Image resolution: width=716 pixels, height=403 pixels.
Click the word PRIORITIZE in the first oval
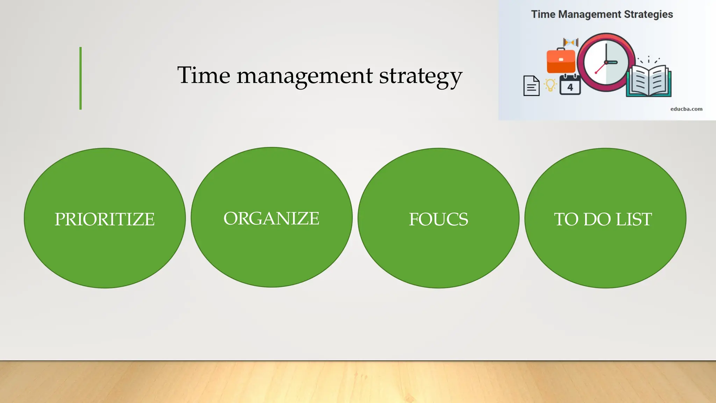[x=105, y=219]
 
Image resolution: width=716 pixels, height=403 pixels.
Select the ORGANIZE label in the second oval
[x=271, y=219]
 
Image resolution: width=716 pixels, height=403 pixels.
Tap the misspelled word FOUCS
[x=438, y=219]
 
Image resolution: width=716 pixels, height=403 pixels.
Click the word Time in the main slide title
[x=203, y=75]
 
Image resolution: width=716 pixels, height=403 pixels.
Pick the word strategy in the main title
[x=421, y=76]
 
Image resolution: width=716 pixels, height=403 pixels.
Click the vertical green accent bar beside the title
[x=80, y=78]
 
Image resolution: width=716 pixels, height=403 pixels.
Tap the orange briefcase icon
[x=561, y=61]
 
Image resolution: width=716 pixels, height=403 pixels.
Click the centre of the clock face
[x=606, y=63]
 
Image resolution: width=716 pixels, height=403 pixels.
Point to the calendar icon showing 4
[x=570, y=85]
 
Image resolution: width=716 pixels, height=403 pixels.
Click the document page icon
[x=531, y=86]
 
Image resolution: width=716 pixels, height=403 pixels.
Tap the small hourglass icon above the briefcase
[x=571, y=42]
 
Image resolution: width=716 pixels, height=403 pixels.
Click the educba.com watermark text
[x=686, y=109]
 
